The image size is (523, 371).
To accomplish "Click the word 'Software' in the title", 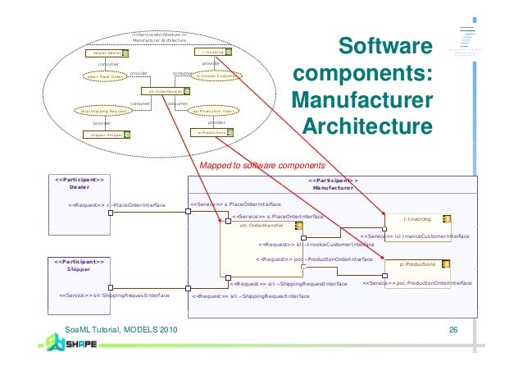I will click(384, 47).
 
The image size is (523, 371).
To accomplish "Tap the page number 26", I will click(453, 330).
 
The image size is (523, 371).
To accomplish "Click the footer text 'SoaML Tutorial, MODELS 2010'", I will click(120, 330).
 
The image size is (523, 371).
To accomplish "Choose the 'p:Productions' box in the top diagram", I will click(211, 132).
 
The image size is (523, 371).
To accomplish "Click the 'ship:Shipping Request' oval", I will click(102, 111).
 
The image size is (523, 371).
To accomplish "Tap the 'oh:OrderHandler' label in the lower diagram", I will click(261, 225).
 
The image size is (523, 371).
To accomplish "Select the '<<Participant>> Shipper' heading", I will click(80, 264).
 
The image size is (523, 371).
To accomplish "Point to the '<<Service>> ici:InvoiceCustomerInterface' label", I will click(415, 236).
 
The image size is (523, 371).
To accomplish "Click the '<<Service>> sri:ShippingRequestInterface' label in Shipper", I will click(115, 295).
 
